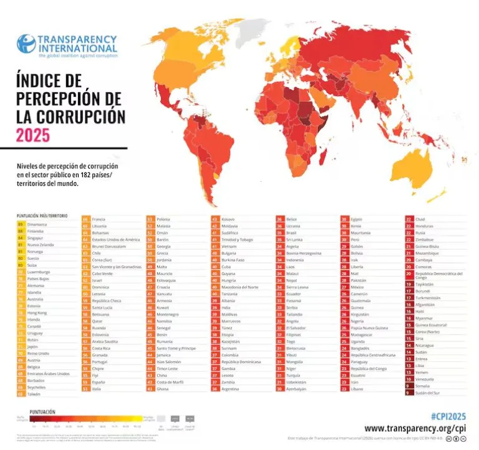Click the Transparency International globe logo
coord(26,44)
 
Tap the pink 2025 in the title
coord(34,135)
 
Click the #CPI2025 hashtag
coord(448,416)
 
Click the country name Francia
coord(99,220)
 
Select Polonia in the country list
coord(163,220)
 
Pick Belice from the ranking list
coord(292,220)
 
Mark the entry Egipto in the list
coord(357,220)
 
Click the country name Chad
coord(420,220)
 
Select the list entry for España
coord(99,381)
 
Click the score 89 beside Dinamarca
coord(21,223)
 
